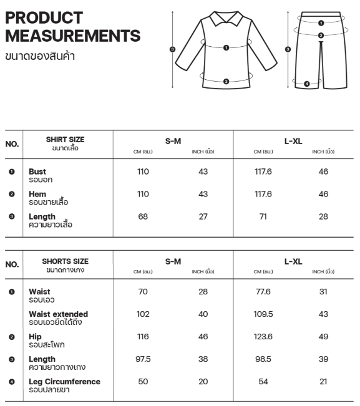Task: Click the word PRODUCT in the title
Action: point(44,17)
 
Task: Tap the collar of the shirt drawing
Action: point(226,19)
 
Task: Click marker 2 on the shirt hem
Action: point(226,81)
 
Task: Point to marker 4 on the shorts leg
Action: point(306,84)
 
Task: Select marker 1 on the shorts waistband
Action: point(321,22)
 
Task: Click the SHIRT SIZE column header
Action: point(65,140)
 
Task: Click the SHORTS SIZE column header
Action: point(65,261)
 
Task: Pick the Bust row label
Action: point(37,172)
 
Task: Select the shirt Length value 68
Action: point(143,216)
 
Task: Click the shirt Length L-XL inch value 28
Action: point(323,216)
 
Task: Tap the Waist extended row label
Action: point(58,314)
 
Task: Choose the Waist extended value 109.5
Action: point(263,314)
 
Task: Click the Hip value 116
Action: point(143,337)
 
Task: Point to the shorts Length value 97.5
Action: point(143,359)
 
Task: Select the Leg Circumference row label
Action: point(64,382)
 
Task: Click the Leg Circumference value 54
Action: point(263,382)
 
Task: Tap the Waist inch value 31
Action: point(323,292)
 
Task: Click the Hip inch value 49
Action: point(323,337)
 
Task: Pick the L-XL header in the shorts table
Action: point(293,261)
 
